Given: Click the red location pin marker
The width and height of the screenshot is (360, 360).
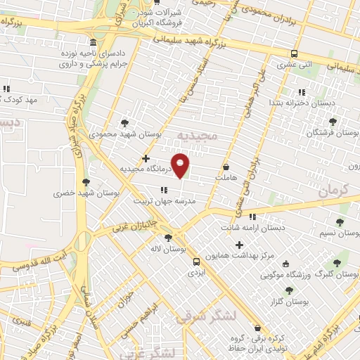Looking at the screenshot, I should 180,165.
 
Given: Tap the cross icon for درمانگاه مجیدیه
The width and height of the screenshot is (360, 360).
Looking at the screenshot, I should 146,159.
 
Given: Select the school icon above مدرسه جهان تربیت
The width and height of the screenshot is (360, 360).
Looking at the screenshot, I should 164,190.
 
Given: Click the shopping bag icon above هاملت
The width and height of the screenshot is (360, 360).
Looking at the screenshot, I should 226,167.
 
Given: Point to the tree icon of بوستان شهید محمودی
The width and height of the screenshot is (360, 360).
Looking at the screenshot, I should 125,122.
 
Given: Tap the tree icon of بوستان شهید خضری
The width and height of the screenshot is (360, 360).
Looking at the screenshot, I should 86,181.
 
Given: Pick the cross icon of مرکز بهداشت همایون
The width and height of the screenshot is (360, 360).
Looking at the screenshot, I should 240,245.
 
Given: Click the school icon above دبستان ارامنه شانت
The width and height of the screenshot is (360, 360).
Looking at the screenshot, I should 252,217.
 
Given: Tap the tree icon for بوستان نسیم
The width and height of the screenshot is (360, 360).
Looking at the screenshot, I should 340,222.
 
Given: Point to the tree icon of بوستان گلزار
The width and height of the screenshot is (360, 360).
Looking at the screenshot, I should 289,290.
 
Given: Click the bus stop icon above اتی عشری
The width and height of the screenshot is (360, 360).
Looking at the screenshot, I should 294,53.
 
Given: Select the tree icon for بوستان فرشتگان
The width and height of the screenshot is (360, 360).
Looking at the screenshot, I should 333,122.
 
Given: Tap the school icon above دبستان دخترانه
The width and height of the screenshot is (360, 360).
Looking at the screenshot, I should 302,92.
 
